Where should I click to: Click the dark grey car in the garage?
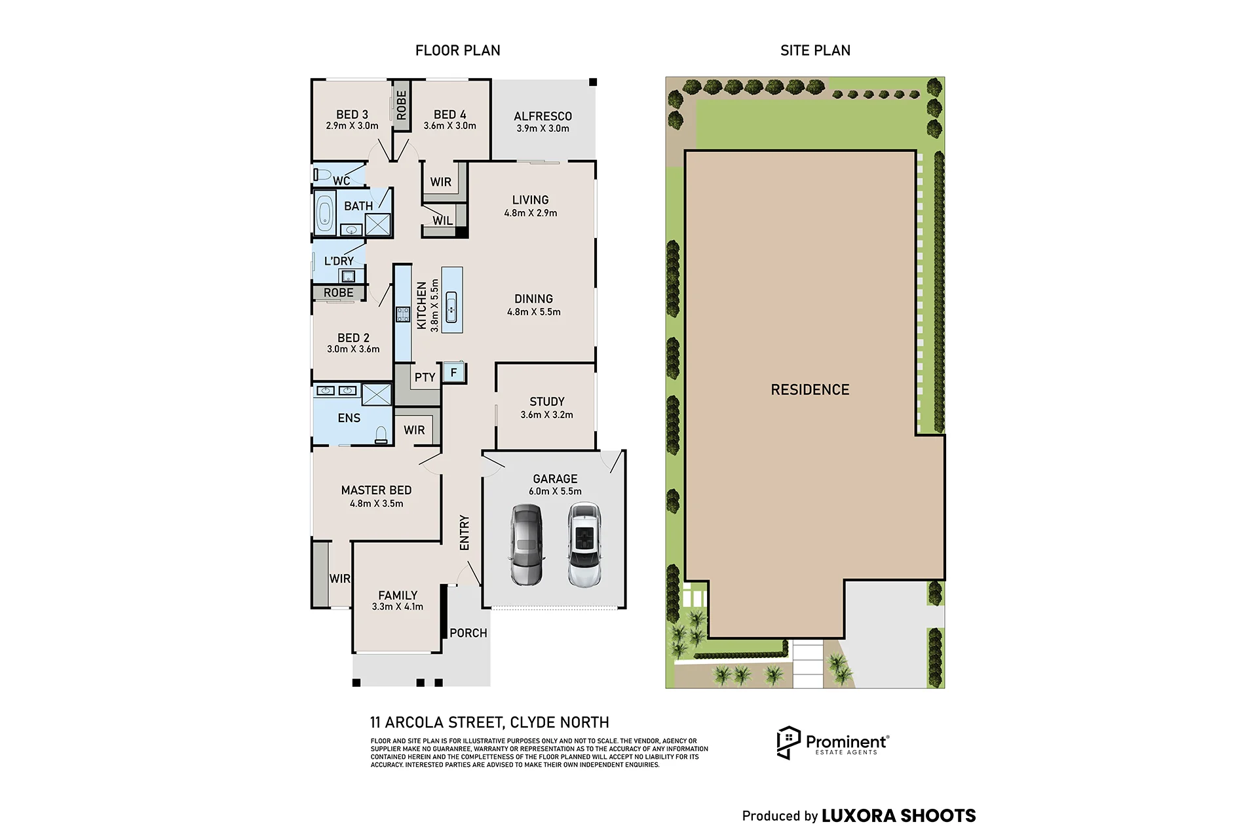coord(527,544)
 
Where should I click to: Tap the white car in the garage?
coord(584,544)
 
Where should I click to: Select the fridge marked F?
coord(453,372)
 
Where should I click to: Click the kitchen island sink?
coord(451,307)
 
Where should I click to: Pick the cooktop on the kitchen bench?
coord(403,314)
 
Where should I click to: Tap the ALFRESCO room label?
coord(543,116)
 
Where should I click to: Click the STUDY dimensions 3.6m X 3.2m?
coord(546,415)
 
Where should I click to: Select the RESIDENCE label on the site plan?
coord(810,390)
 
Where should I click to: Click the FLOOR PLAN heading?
coord(457,50)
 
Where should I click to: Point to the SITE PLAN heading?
coord(815,50)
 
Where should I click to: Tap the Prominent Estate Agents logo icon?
coord(788,743)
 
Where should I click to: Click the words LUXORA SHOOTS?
coord(898,816)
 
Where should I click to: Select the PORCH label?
coord(468,633)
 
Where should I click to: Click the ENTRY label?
coord(465,532)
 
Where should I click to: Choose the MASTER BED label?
coord(376,490)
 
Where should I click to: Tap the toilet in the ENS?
coord(381,435)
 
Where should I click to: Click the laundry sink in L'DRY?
coord(347,276)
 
